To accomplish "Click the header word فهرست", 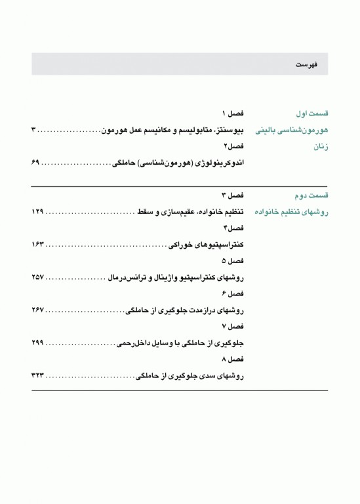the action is coord(306,65).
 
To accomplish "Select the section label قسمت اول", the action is coord(312,113).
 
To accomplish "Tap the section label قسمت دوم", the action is coord(311,196).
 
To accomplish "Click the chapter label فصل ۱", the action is coord(232,113).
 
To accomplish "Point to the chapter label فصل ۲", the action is coord(233,145).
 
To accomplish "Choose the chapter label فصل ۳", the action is coord(232,196).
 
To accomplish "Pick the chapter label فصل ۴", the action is coord(233,228).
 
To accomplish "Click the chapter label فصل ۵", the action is coord(232,261).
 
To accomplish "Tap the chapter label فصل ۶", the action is coord(232,293).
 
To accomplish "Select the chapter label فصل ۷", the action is coord(232,326).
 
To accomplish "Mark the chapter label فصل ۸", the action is coord(232,359).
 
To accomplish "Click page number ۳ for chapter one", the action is coord(34,129).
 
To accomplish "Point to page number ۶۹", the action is coord(36,161).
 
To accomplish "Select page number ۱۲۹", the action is coord(38,212).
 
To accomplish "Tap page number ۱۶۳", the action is coord(38,245).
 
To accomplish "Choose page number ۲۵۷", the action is coord(38,278).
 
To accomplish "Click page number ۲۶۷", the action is coord(38,310).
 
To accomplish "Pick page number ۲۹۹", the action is coord(38,343).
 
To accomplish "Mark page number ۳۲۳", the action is coord(38,376).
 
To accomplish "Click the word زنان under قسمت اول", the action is coord(319,146).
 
